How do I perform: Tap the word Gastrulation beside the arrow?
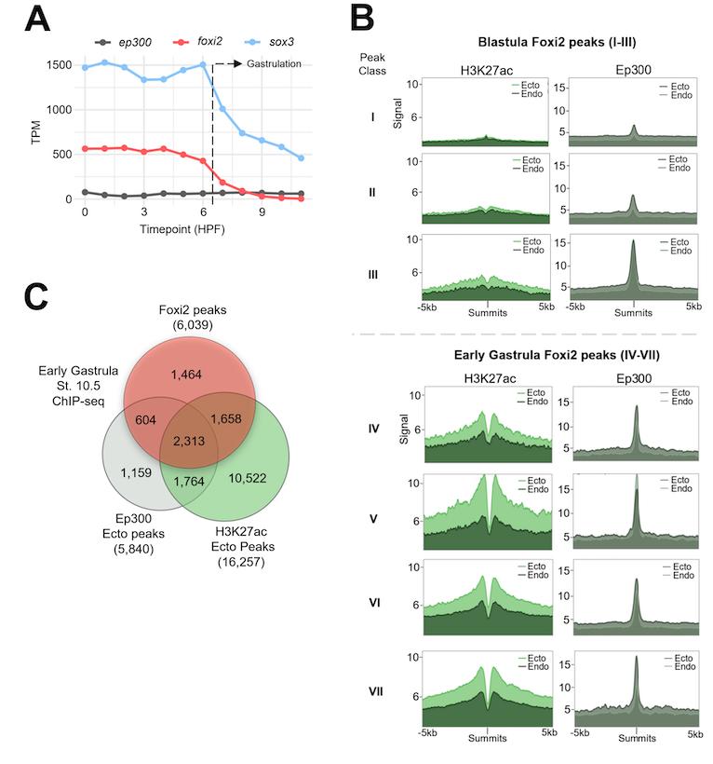(x=276, y=63)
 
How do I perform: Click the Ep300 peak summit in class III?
(x=633, y=241)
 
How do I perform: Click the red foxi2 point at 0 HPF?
(x=85, y=148)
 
